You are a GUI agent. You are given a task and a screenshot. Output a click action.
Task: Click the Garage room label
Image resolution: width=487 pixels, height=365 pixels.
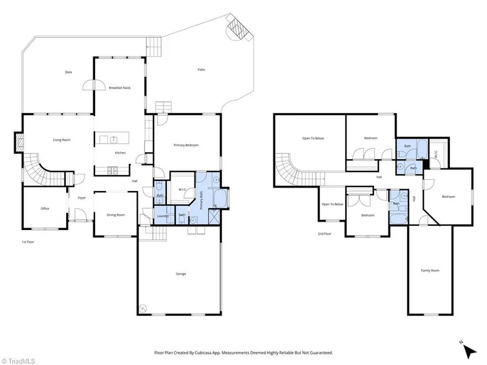point(181,274)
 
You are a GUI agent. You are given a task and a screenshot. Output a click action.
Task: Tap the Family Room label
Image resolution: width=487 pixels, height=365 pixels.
point(430,271)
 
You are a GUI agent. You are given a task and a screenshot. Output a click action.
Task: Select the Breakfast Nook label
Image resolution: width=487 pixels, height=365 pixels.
point(120,88)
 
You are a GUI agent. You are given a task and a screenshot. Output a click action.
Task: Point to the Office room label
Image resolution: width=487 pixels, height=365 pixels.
point(45,209)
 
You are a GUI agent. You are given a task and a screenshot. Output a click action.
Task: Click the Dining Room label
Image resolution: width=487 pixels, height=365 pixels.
point(116,215)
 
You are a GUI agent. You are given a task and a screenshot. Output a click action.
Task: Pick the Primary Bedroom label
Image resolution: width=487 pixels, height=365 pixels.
point(186,145)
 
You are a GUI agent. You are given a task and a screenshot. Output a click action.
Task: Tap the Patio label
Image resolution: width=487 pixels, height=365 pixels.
point(201,70)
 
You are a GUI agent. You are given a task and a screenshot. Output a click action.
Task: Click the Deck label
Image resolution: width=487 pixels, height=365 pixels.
point(68,72)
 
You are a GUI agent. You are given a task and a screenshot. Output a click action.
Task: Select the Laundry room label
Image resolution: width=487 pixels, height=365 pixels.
point(163,216)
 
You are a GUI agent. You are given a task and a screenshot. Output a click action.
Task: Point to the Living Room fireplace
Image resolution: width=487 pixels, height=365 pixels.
point(19,143)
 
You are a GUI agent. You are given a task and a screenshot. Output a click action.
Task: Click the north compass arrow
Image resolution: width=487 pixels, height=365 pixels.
point(470,352)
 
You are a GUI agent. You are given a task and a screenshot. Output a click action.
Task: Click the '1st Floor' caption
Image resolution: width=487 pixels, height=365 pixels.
point(28,242)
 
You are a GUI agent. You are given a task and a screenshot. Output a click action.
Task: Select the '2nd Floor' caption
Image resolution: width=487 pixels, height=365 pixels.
point(324,234)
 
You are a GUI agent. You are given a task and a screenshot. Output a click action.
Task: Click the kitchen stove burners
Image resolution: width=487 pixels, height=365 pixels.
point(112,170)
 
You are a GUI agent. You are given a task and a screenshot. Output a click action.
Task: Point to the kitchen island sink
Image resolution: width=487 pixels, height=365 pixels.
point(114,140)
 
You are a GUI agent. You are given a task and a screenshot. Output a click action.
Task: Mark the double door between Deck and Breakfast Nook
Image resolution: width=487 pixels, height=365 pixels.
point(94,85)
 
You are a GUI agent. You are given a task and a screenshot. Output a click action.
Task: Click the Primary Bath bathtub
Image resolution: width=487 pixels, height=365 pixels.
point(221,199)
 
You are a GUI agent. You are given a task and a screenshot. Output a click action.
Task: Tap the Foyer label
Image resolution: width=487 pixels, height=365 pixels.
point(81,198)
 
